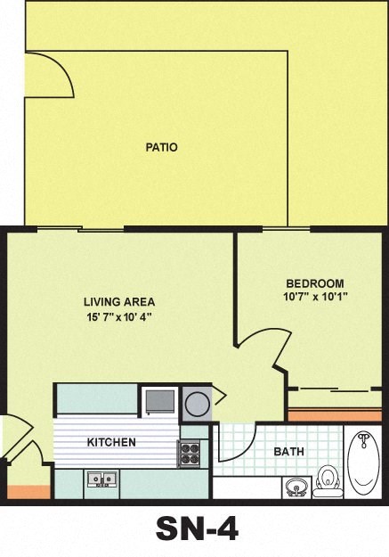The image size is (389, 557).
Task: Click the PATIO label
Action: click(x=161, y=147)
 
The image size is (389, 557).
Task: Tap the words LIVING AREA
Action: click(x=120, y=301)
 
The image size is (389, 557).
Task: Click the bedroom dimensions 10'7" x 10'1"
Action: click(x=314, y=296)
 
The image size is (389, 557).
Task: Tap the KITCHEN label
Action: click(x=111, y=442)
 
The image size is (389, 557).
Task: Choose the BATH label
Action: click(x=288, y=452)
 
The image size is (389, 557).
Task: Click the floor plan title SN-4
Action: click(x=197, y=529)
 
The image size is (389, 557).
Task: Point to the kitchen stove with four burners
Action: click(x=190, y=454)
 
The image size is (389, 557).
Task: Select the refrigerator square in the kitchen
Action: click(x=160, y=400)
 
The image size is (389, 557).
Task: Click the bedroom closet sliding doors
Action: click(x=334, y=390)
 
